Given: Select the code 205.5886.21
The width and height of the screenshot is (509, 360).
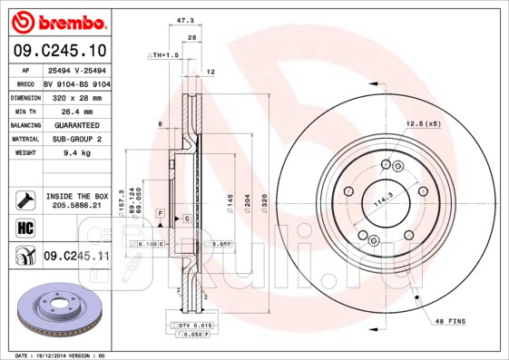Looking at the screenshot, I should pyautogui.click(x=76, y=206).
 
